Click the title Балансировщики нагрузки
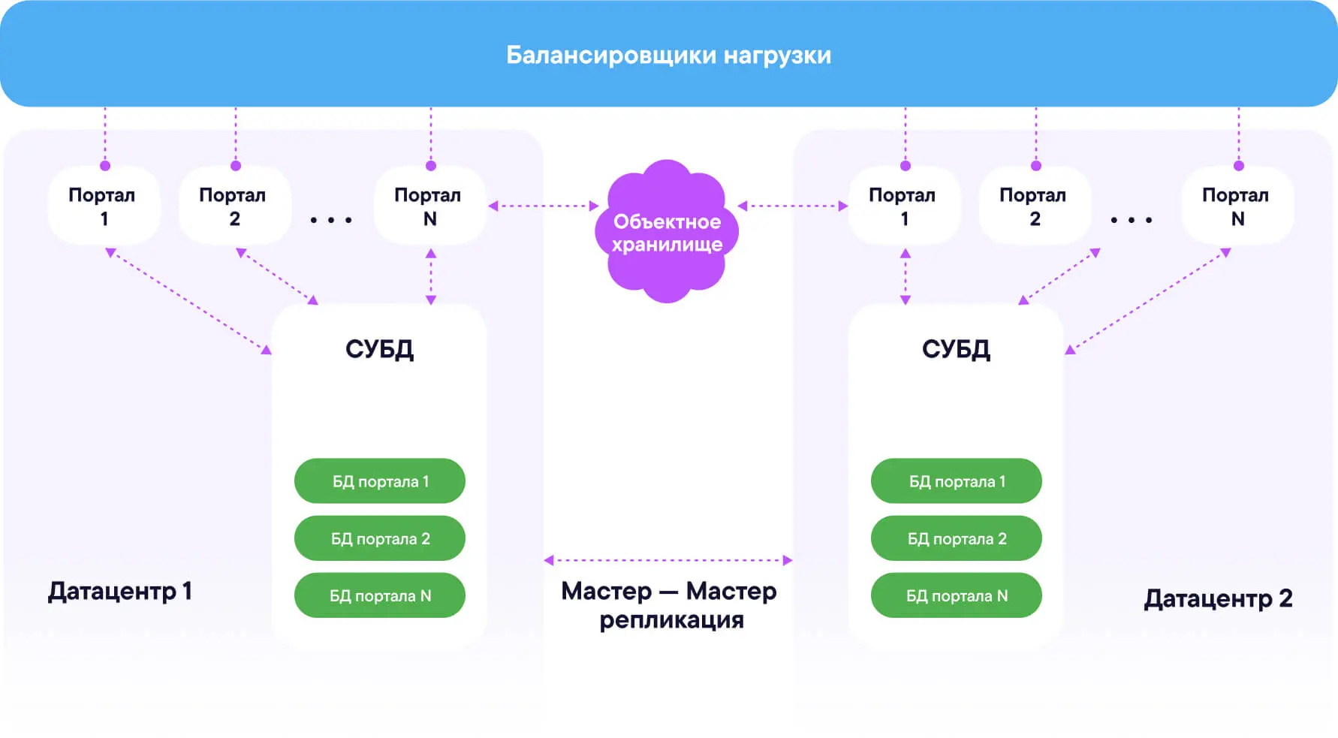tap(668, 55)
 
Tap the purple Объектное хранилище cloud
tap(667, 232)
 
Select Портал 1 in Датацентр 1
tap(103, 206)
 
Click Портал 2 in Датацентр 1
tap(234, 206)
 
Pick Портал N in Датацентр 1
tap(429, 206)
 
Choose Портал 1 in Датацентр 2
tap(903, 206)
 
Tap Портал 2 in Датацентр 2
tap(1034, 206)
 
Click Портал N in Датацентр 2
tap(1237, 206)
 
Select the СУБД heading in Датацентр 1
tap(379, 349)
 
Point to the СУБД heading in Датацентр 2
tap(956, 349)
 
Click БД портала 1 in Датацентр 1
tap(380, 481)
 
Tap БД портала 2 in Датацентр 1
tap(380, 538)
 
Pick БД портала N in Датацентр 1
tap(380, 595)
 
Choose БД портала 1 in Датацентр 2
tap(957, 481)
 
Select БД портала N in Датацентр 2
tap(957, 595)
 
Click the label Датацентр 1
tap(120, 592)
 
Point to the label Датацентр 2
tap(1218, 598)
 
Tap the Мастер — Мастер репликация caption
tap(670, 605)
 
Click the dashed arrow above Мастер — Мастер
tap(668, 560)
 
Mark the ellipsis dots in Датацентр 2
tap(1131, 220)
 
